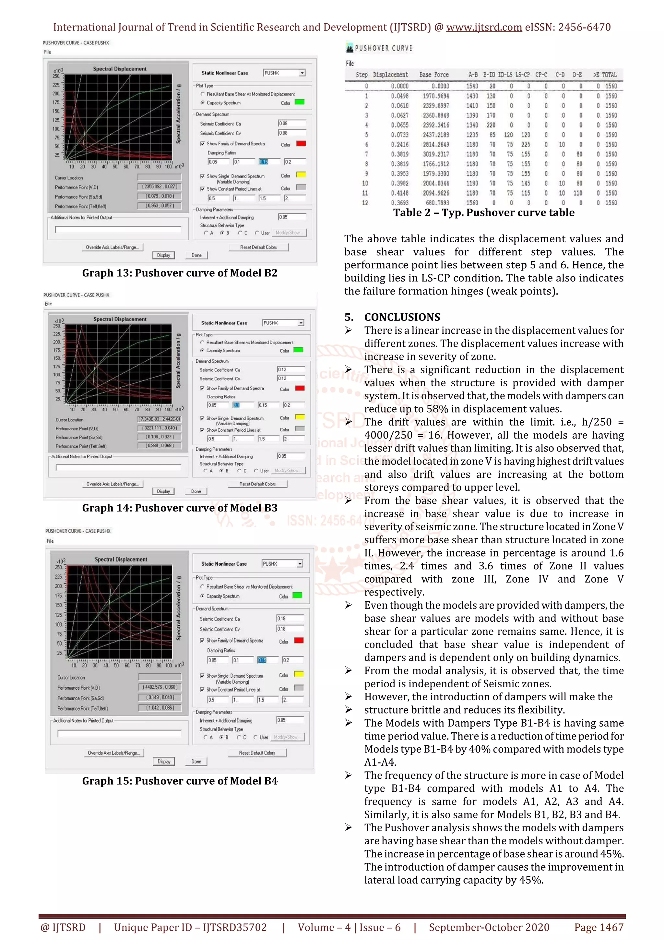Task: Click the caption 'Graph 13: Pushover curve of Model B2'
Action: coord(180,273)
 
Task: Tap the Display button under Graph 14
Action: coord(163,491)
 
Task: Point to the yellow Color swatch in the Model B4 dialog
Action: coord(299,674)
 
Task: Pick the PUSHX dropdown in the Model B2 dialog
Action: coord(284,73)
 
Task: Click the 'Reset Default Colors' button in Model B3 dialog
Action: coord(257,484)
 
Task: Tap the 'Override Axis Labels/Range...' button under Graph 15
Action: coord(114,753)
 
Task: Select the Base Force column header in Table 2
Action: coord(434,75)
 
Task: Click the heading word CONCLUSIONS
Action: coord(402,317)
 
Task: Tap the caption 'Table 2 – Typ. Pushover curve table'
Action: coord(484,213)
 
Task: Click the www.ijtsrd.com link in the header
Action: coord(484,28)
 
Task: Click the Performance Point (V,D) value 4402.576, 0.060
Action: coord(160,687)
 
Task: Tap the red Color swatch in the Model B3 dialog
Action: coord(300,388)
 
